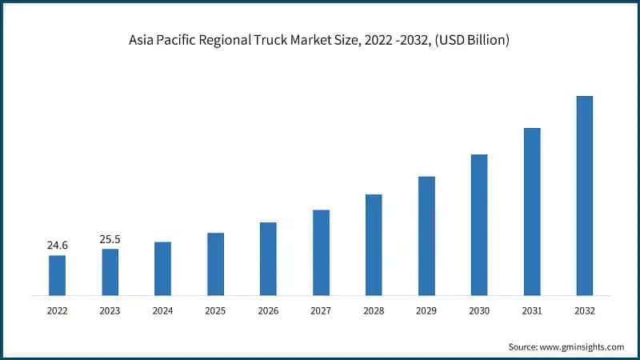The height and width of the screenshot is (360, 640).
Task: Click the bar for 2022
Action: pos(57,275)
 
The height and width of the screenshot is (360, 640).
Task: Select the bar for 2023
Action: pos(110,272)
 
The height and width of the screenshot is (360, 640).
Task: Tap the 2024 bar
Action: pos(162,269)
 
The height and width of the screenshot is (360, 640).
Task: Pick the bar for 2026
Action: pos(268,258)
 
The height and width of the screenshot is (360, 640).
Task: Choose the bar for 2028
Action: pos(374,245)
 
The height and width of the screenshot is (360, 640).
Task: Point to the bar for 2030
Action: pos(479,225)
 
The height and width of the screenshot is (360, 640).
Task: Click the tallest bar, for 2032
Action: pos(585,196)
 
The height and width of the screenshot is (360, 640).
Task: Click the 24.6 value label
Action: pos(57,246)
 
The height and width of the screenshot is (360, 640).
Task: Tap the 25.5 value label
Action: pos(110,239)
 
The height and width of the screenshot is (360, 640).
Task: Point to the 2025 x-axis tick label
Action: pos(215,310)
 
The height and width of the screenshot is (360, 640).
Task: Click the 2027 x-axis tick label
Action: pos(321,310)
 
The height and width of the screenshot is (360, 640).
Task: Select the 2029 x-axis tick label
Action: pos(426,310)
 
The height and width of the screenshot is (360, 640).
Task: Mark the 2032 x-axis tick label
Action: pos(585,310)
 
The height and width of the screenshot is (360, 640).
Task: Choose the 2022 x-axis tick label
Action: pos(57,310)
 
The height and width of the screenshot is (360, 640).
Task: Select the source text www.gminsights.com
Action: pos(583,346)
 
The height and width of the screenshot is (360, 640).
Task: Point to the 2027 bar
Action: pos(321,253)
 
